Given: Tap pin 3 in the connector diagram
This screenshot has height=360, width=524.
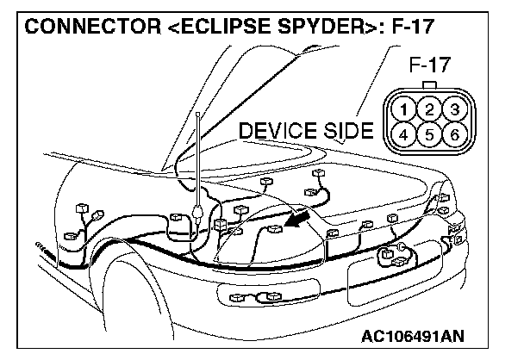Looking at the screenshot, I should pyautogui.click(x=454, y=109).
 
